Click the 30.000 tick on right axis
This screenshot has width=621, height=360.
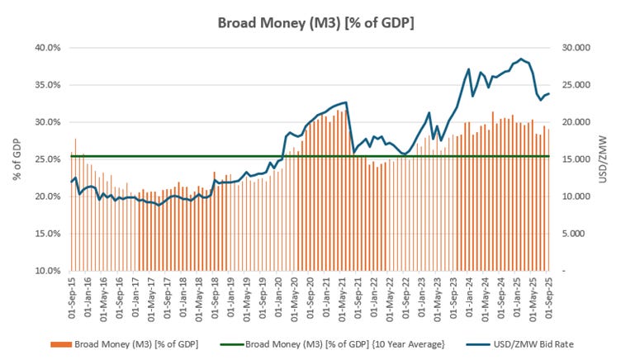pos(573,48)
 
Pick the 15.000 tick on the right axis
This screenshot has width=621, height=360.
pos(573,159)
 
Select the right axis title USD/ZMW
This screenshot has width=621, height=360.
pos(609,159)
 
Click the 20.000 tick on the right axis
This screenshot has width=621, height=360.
pos(573,122)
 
